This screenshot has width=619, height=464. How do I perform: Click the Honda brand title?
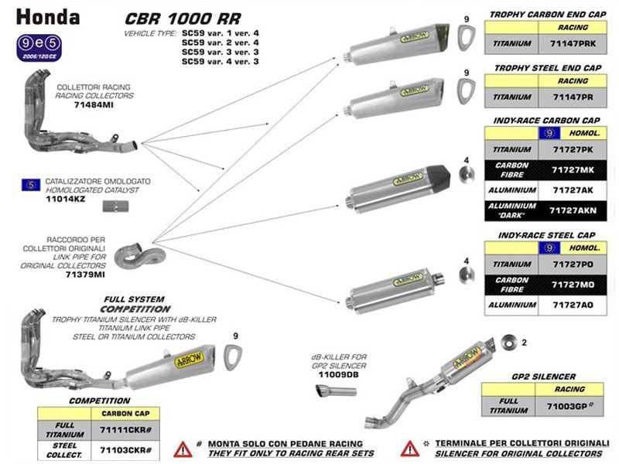point(47,16)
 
